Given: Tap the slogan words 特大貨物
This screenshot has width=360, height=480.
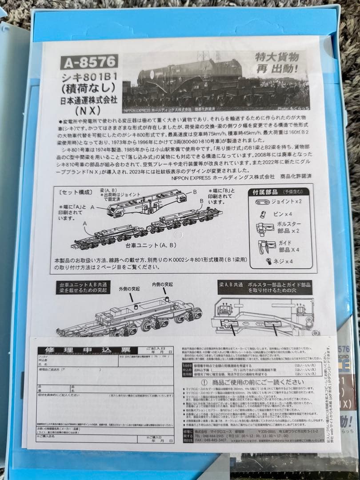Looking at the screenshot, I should point(276,57).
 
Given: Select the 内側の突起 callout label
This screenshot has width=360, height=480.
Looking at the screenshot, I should point(162,284).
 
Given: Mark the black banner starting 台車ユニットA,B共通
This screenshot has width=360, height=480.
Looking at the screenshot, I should point(82,287).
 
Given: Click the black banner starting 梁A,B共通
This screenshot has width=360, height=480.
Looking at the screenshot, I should point(265,287).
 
